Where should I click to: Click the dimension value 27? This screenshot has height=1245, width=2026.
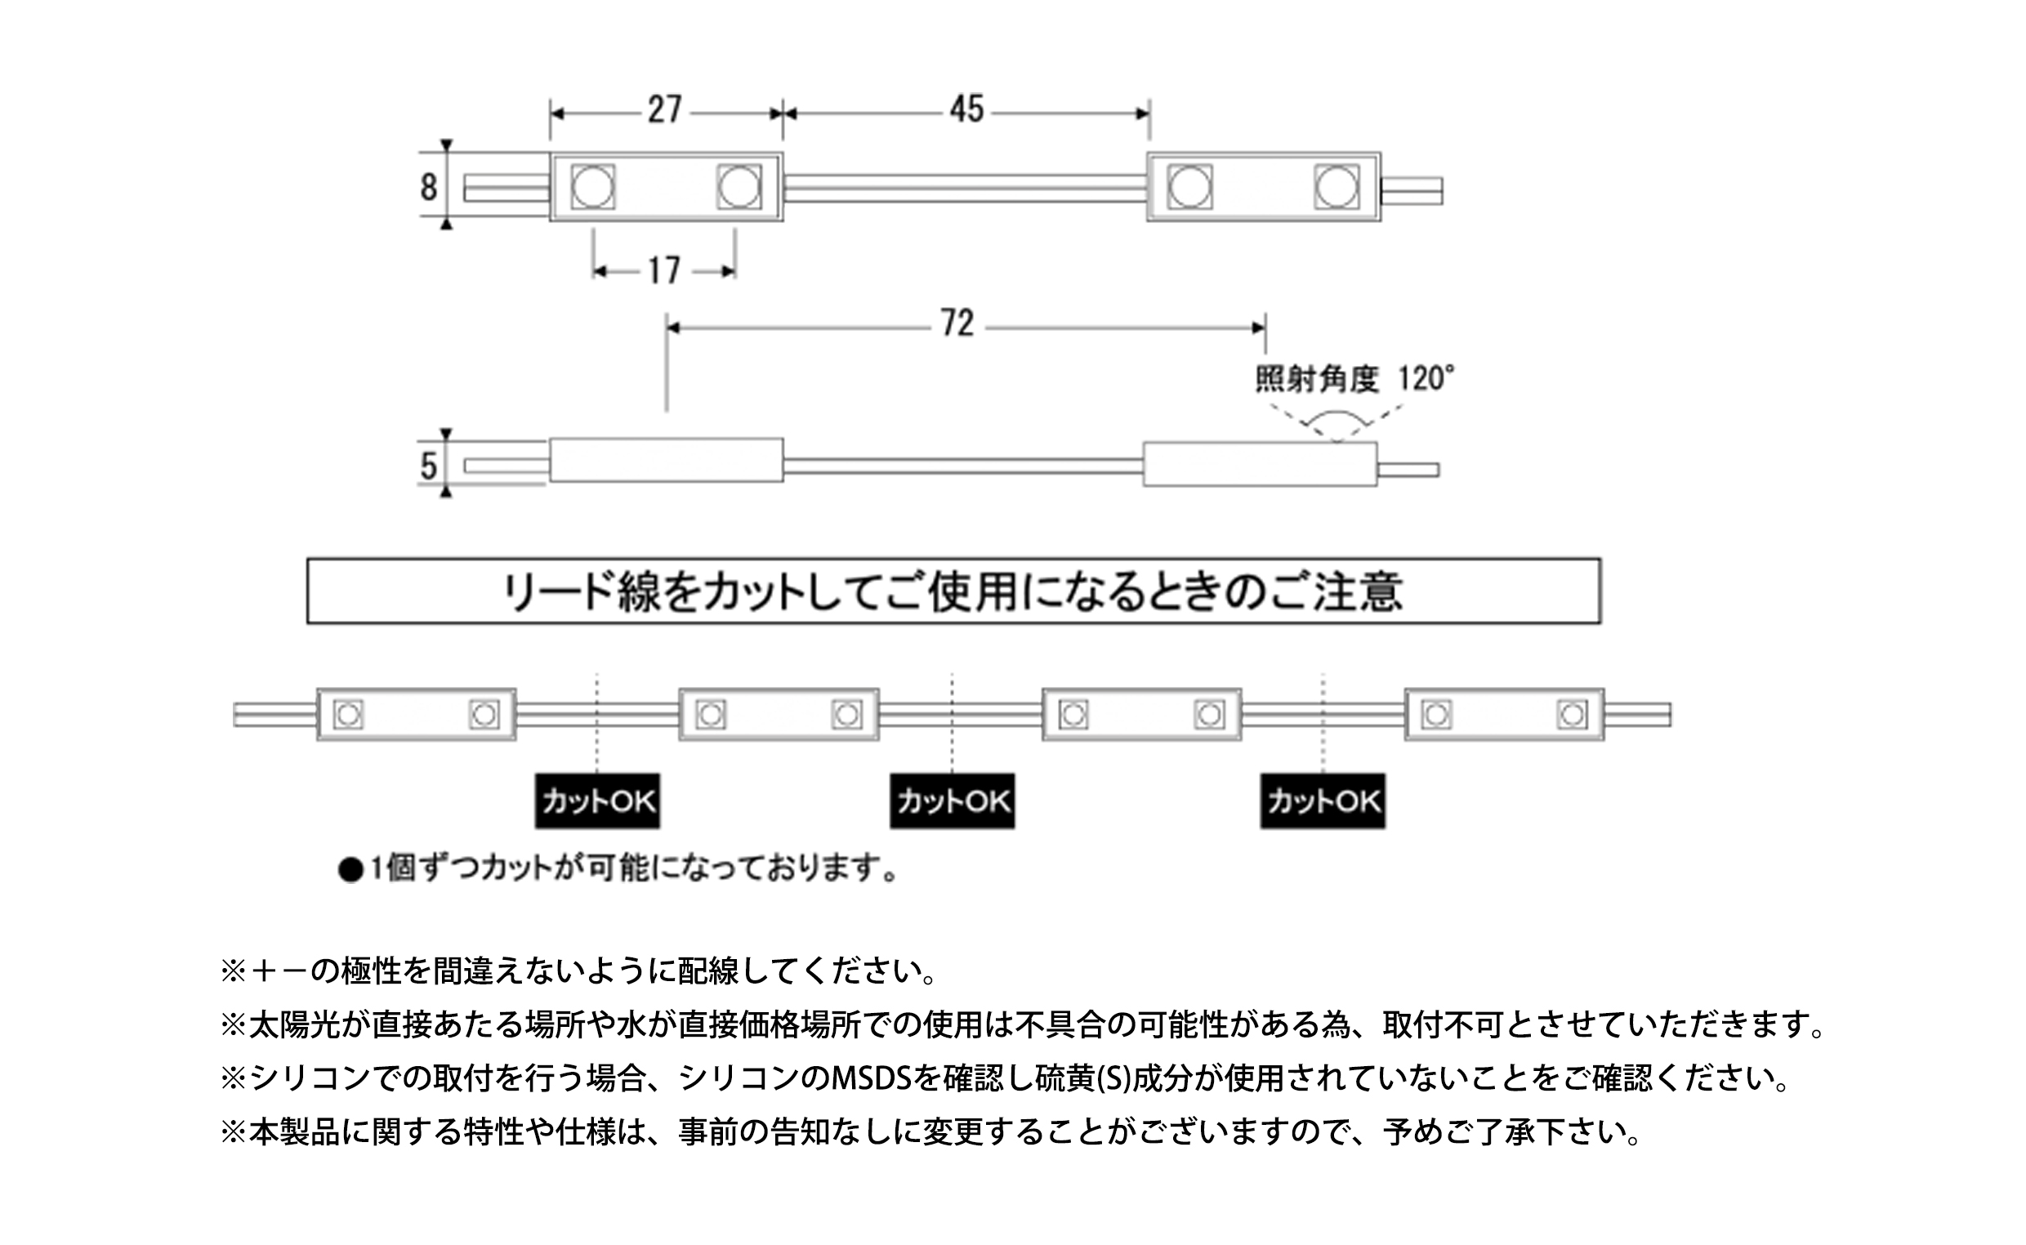[x=665, y=109]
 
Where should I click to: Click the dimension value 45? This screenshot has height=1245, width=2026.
[x=966, y=109]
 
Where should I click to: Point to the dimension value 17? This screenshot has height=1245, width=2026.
[x=664, y=271]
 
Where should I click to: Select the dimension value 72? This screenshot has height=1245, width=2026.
[x=957, y=324]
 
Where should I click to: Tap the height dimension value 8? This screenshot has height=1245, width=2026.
[x=428, y=187]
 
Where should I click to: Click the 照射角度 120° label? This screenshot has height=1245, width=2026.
[x=1355, y=379]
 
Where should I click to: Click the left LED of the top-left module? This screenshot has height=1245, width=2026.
[x=593, y=187]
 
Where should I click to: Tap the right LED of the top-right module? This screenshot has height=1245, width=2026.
[x=1337, y=187]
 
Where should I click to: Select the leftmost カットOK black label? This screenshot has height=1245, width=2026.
[x=598, y=801]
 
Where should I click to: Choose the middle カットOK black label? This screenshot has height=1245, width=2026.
[x=953, y=801]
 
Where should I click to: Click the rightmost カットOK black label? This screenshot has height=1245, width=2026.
[x=1323, y=801]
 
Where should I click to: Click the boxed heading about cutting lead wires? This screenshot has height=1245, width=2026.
[x=954, y=591]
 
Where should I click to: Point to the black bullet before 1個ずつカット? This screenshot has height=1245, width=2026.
[x=350, y=870]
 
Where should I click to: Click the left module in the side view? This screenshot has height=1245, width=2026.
[x=666, y=459]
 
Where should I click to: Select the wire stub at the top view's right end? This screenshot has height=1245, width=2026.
[x=1411, y=191]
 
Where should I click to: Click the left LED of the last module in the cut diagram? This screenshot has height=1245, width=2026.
[x=1436, y=715]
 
